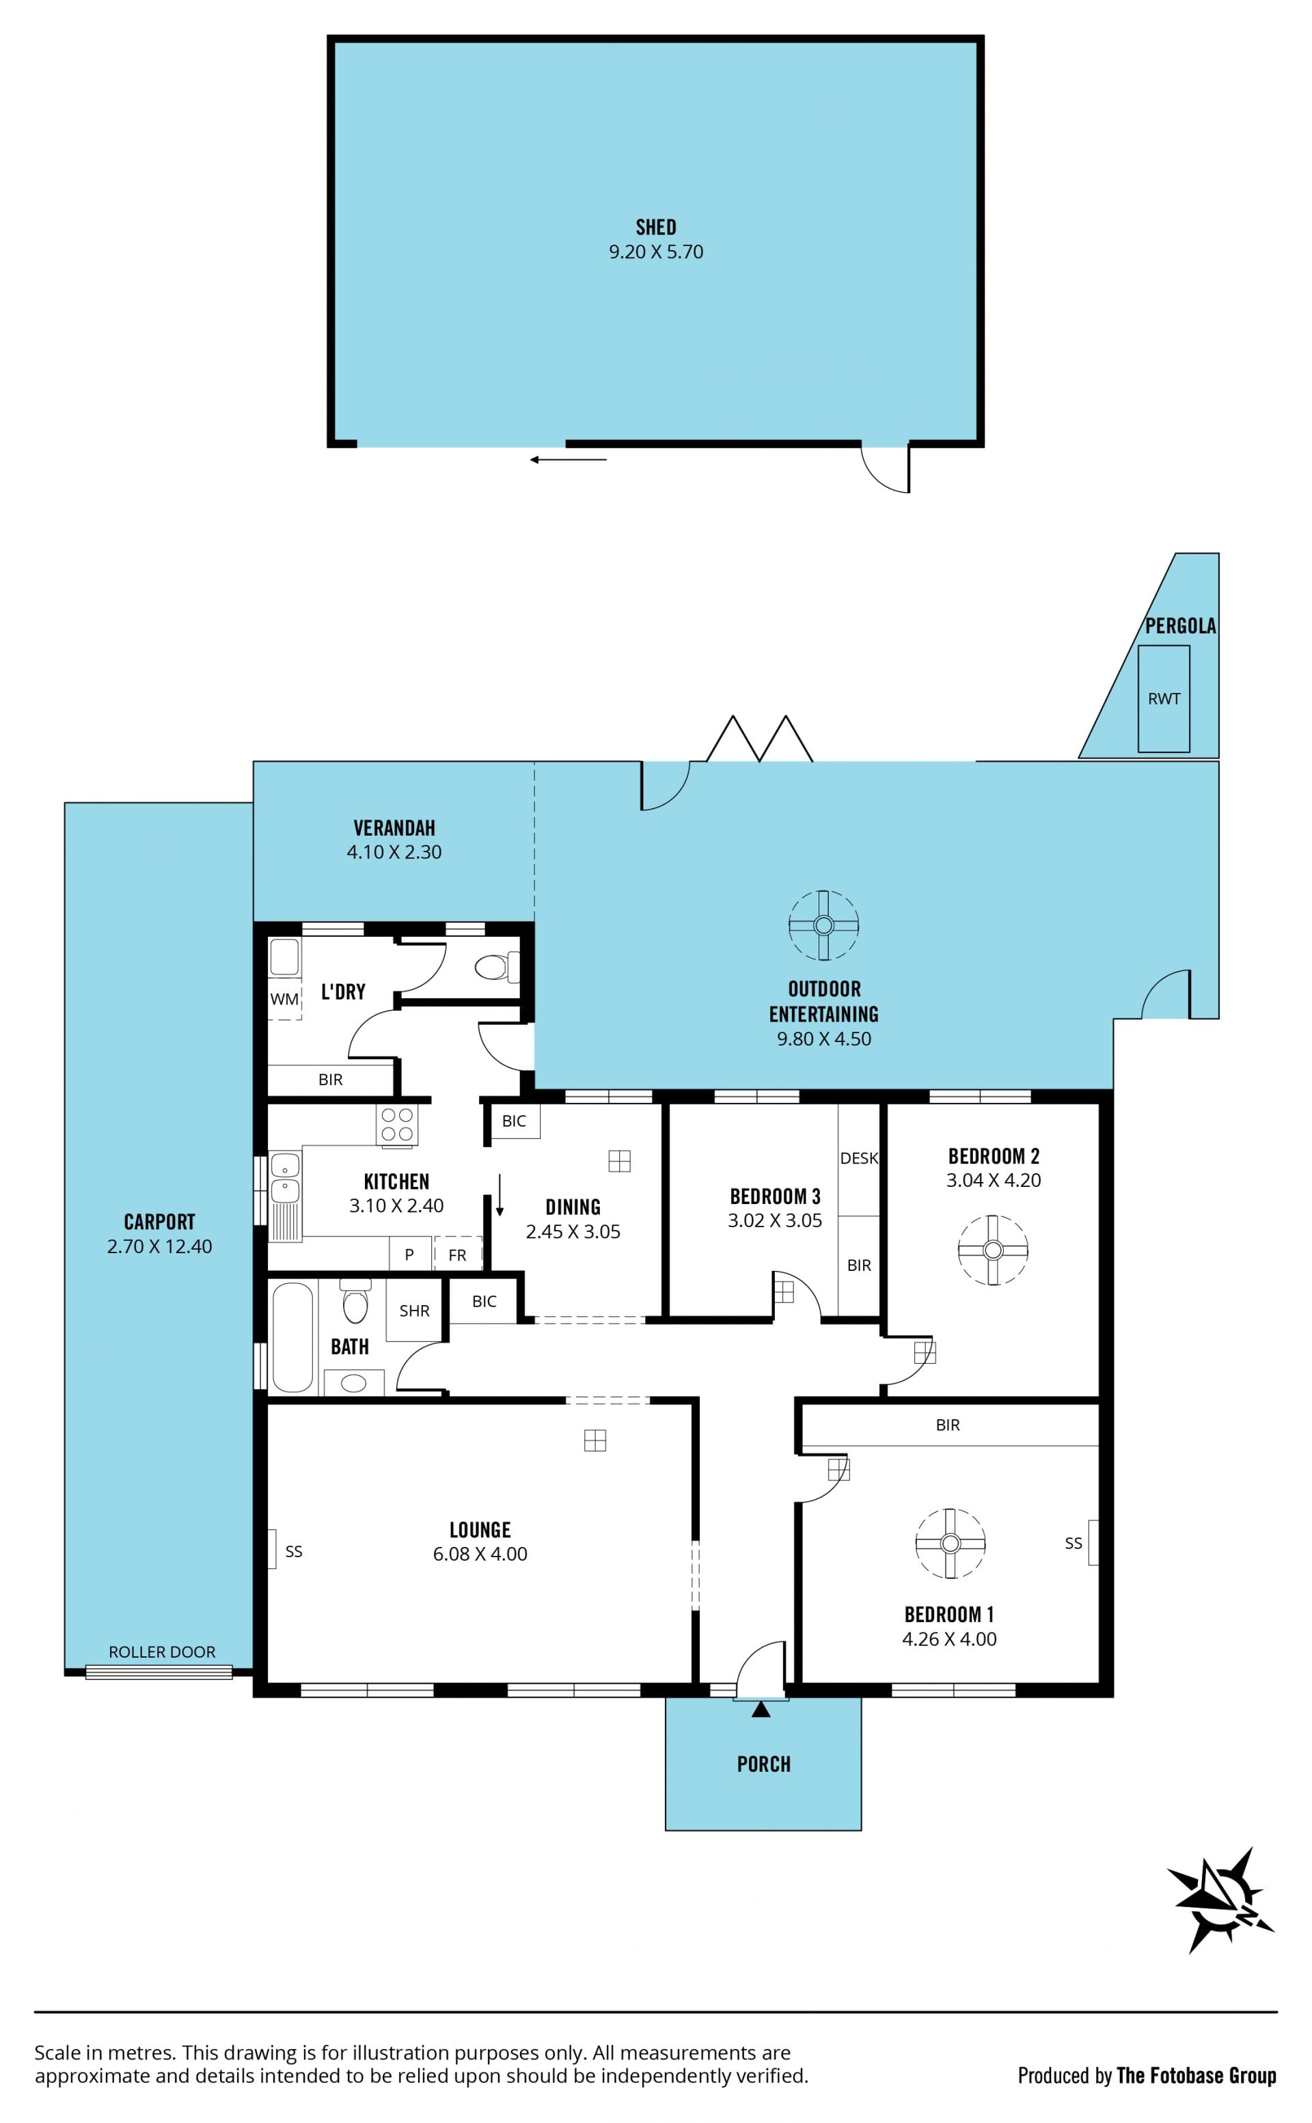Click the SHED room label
655,228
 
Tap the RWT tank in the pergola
1164,698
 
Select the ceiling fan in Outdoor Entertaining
823,925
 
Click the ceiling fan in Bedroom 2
994,1249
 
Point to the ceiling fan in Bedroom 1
950,1544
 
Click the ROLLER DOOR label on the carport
162,1652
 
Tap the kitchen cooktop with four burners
396,1125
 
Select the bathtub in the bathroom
292,1337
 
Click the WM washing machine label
285,998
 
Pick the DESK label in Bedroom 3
859,1158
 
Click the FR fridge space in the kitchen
457,1255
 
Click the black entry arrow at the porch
761,1709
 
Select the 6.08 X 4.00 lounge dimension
480,1554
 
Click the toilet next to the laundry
497,966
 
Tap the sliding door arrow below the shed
569,460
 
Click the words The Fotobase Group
1197,2075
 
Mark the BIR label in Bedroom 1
948,1425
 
